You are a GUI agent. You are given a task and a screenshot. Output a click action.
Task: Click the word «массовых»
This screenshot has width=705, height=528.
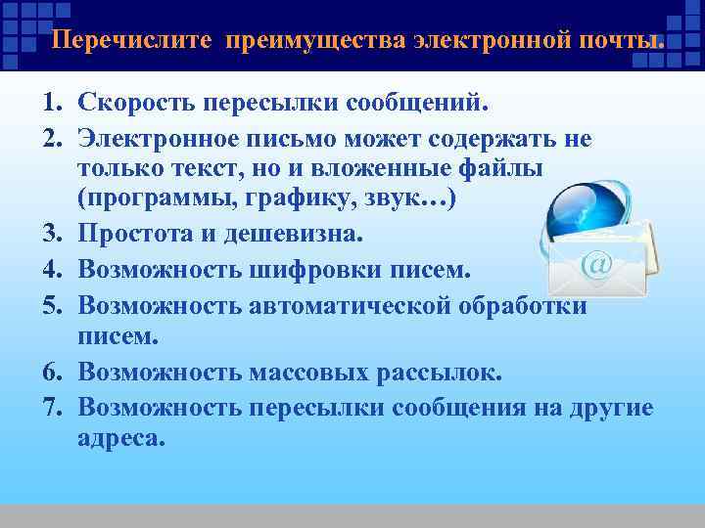[x=296, y=373]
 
